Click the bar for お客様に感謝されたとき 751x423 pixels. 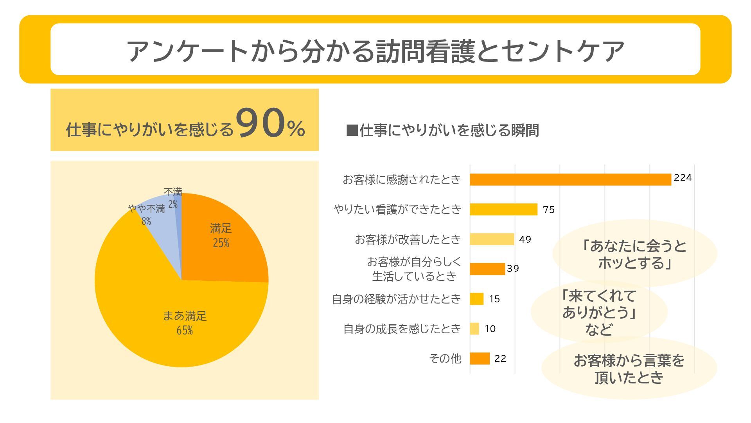tap(570, 179)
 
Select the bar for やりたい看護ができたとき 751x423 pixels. tap(503, 209)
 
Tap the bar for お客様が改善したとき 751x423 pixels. tap(492, 239)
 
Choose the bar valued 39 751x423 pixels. tap(487, 269)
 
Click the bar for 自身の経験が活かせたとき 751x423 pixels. tap(476, 299)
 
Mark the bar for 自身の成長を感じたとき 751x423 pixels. tap(474, 329)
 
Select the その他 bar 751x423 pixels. tap(480, 358)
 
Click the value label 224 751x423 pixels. tap(683, 178)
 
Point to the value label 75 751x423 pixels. tap(548, 210)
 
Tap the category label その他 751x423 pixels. tap(445, 358)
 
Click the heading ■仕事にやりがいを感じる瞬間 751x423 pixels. tap(442, 130)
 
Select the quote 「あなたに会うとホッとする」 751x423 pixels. tap(634, 255)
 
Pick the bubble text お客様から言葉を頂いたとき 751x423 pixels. tap(629, 369)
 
